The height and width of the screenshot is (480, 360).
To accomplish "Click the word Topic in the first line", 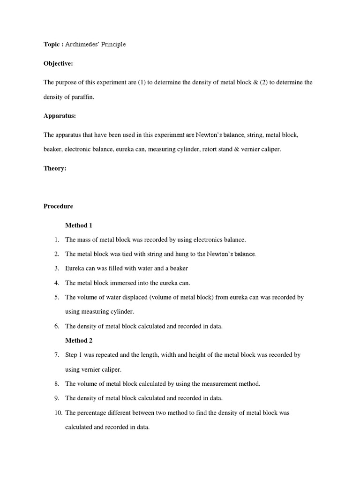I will coord(52,45).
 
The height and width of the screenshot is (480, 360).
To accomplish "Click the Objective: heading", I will coord(59,63).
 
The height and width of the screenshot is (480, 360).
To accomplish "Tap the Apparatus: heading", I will coord(60,115).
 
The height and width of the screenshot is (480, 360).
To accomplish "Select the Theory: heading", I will coord(55,168).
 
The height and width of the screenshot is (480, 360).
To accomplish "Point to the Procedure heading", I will coord(58,206).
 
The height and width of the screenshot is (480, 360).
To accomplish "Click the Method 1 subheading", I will coord(78,225).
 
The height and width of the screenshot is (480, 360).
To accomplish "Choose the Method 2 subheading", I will coord(78,341).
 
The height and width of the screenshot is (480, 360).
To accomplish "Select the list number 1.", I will coord(56,240).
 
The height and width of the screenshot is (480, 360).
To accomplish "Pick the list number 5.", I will coord(56,298).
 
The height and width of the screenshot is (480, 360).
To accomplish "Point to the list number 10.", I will coord(57,413).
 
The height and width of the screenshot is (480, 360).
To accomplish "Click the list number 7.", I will coord(56,355).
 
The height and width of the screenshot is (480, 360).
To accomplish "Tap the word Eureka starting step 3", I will coord(75,269).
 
